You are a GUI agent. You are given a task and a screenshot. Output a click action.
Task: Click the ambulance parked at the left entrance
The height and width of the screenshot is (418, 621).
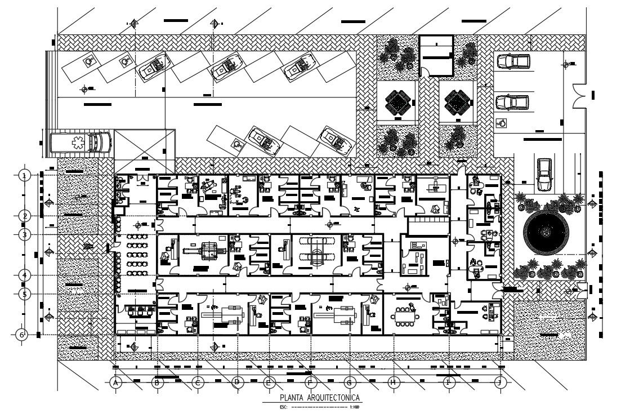tap(79, 143)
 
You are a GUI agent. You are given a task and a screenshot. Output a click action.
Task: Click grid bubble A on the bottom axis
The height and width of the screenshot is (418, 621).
tap(116, 383)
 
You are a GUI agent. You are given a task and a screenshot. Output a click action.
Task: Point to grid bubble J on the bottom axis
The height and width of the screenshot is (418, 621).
tap(499, 383)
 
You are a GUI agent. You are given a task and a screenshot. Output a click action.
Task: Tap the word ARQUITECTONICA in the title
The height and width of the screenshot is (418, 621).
tap(332, 398)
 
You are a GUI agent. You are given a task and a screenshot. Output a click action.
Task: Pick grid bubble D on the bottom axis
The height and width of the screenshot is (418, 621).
tap(237, 383)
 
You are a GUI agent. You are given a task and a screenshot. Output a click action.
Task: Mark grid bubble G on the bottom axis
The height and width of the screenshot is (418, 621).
tap(349, 383)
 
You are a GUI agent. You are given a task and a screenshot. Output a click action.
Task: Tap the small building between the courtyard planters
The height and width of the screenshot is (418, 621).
tap(437, 55)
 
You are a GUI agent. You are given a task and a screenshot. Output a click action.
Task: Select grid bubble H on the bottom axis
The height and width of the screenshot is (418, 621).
tap(394, 383)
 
